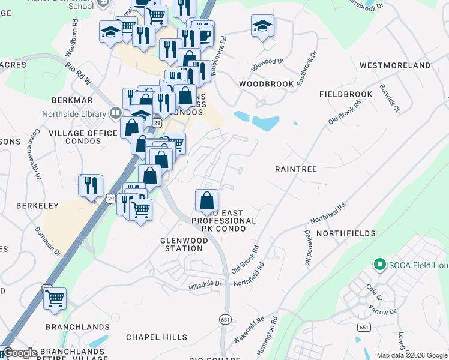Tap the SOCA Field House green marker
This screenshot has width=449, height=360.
coord(379,264)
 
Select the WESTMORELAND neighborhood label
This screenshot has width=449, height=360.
coord(394,65)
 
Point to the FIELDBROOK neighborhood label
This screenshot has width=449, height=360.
coord(346,95)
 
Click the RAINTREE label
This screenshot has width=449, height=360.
coord(295,169)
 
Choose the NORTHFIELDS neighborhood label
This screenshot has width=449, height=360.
coord(346,233)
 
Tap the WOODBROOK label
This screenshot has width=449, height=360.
coord(267,84)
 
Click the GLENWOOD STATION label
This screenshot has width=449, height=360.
coord(184,244)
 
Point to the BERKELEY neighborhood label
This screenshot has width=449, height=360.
coord(37,206)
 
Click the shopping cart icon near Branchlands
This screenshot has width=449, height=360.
coord(55,298)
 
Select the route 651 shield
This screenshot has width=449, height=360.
coord(364,327)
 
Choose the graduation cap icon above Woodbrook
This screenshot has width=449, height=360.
coord(262,26)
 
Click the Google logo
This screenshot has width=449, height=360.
coord(20,353)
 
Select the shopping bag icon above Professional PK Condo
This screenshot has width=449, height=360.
coord(206,200)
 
